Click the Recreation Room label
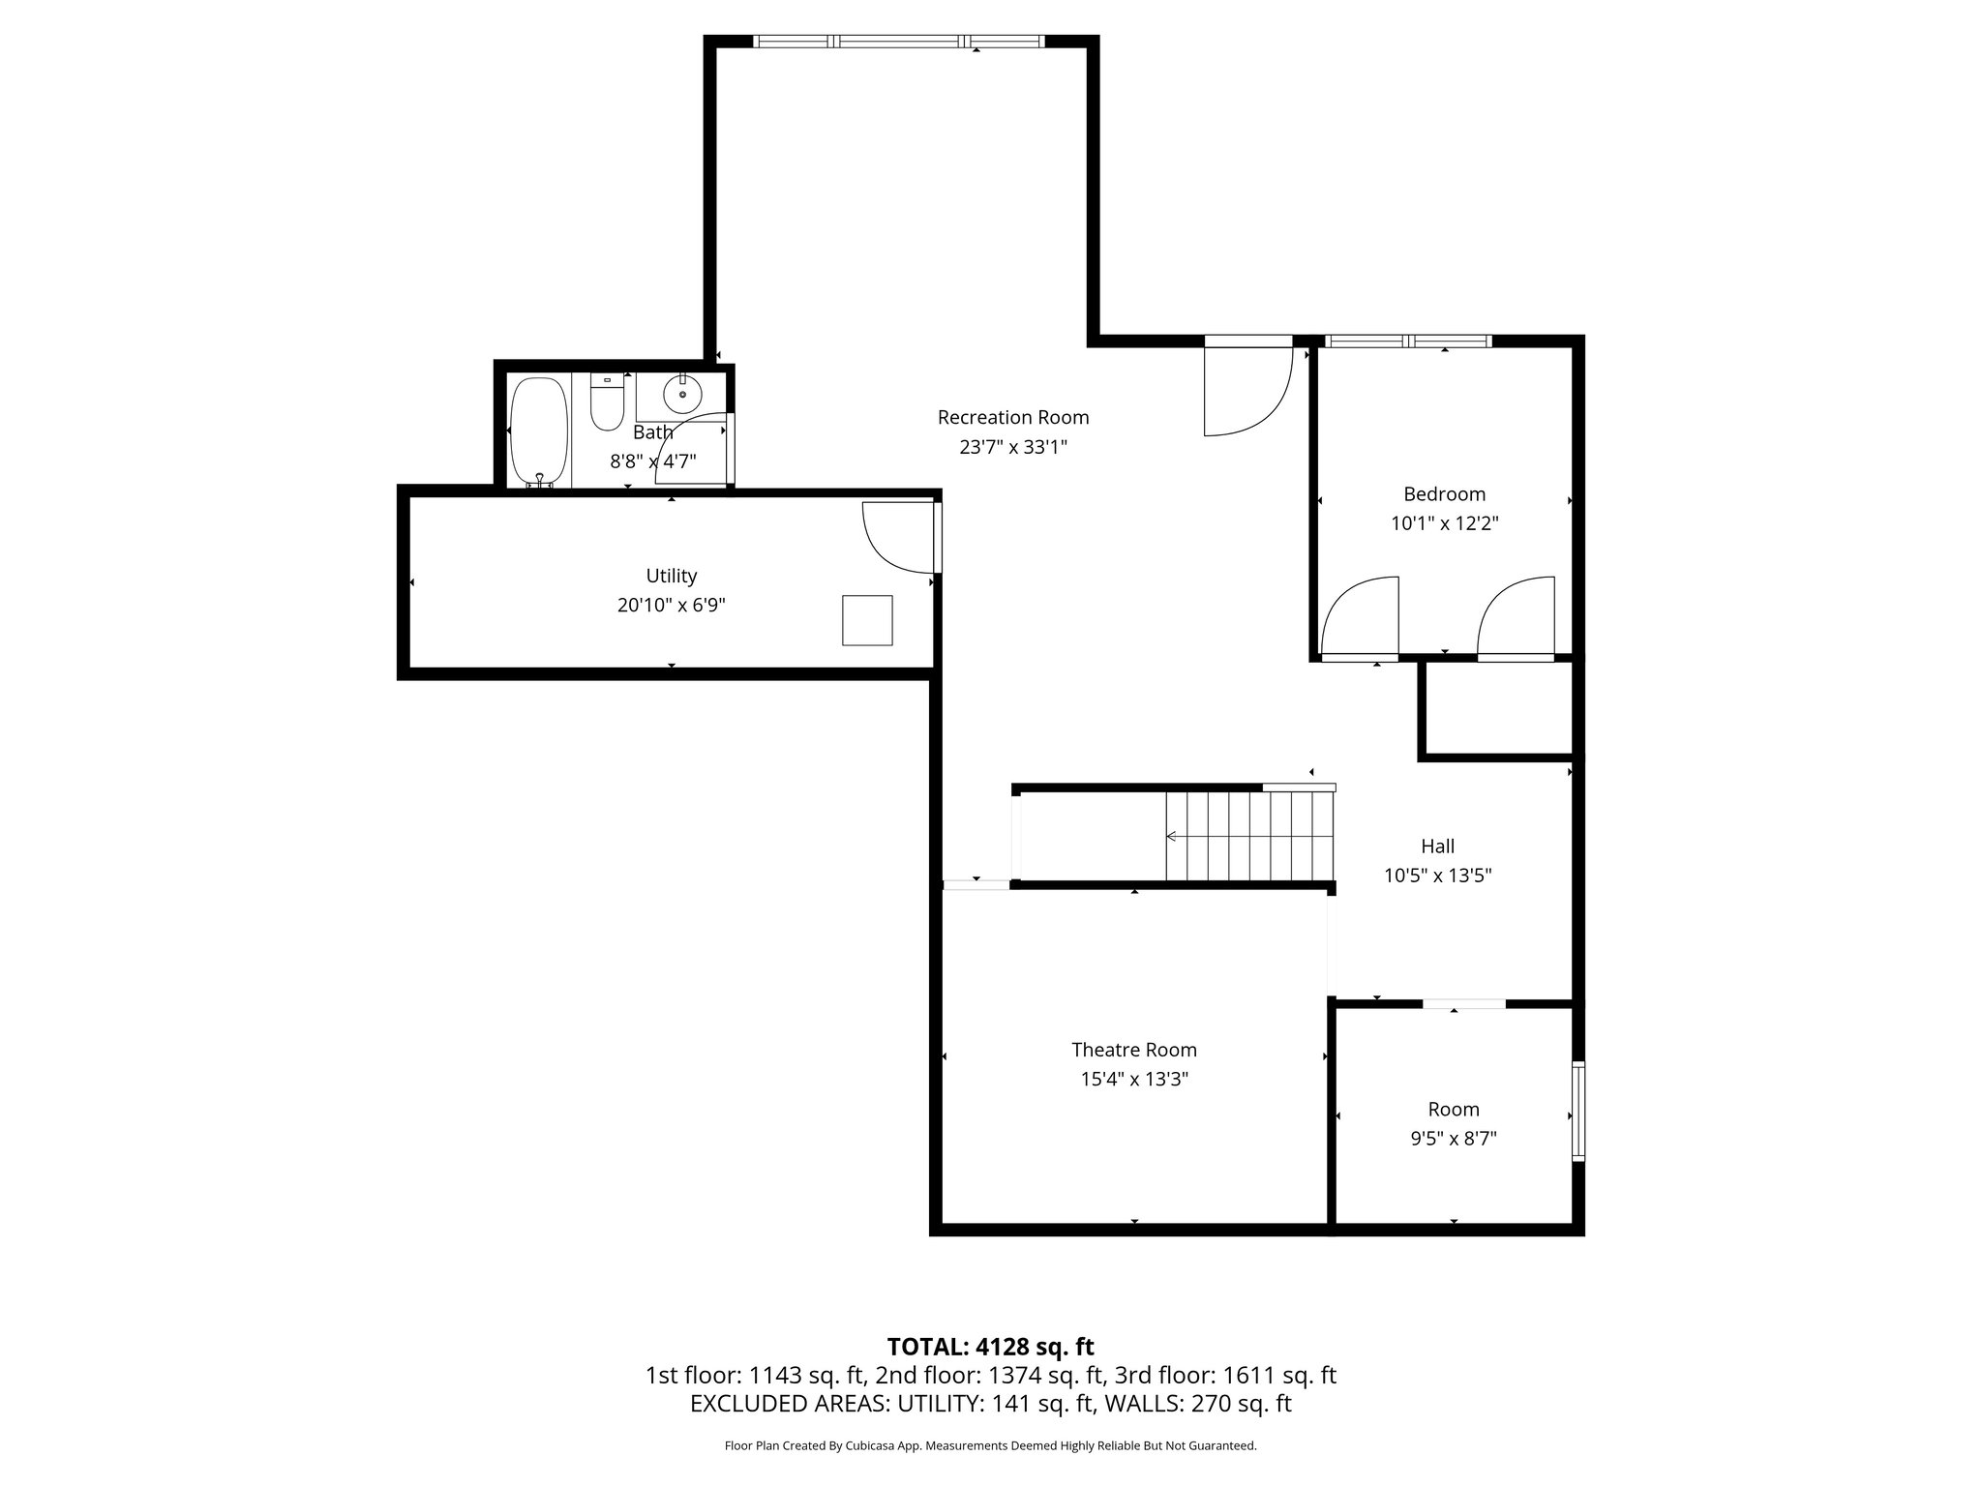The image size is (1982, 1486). (1012, 417)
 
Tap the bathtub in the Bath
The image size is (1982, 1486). (539, 431)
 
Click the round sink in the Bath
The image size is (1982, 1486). (682, 394)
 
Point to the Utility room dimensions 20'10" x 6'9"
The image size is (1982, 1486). (671, 606)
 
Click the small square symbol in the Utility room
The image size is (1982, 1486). (866, 620)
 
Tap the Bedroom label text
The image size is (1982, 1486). (1443, 494)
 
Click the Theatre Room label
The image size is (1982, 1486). (1133, 1050)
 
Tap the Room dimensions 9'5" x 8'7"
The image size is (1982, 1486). (1453, 1139)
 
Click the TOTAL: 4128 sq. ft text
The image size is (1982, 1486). (990, 1347)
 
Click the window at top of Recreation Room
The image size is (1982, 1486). (898, 42)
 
